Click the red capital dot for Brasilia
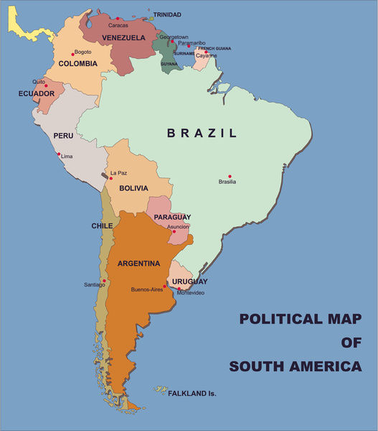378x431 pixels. tap(230, 176)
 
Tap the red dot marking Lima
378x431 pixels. tap(60, 154)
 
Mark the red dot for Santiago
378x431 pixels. tap(105, 280)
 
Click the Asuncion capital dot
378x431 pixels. tap(174, 232)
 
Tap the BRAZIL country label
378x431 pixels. tap(202, 133)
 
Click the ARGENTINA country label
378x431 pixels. tap(138, 264)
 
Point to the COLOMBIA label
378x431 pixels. tap(77, 64)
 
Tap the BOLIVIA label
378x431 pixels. tap(133, 188)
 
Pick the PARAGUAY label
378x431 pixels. tap(172, 217)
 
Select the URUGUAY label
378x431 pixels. tap(189, 282)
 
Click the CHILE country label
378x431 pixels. tap(101, 226)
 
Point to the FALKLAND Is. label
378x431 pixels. tap(192, 394)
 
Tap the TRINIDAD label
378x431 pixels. tap(167, 14)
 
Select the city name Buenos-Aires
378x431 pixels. tap(146, 289)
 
